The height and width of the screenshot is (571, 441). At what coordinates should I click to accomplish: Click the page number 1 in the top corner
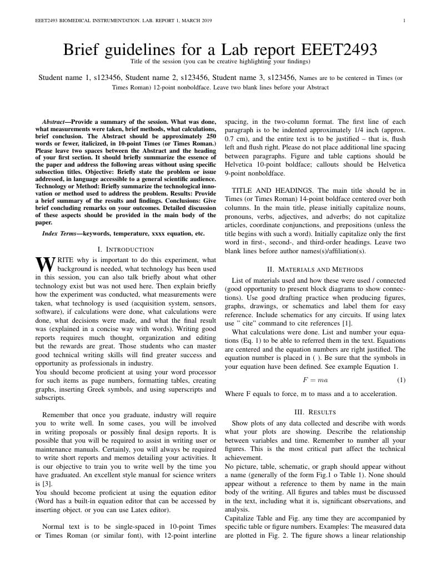[x=404, y=21]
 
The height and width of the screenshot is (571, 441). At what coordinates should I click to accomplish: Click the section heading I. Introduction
[x=126, y=249]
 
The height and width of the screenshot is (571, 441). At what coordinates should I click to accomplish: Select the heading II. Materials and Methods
[x=315, y=269]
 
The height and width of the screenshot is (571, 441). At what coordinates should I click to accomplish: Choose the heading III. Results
[x=314, y=412]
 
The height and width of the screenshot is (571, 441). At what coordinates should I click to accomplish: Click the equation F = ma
[x=315, y=380]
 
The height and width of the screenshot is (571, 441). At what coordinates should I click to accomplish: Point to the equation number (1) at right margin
[x=401, y=380]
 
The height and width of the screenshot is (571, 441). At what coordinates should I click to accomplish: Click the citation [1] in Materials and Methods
[x=347, y=323]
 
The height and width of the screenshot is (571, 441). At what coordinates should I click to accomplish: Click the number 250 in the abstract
[x=208, y=136]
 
